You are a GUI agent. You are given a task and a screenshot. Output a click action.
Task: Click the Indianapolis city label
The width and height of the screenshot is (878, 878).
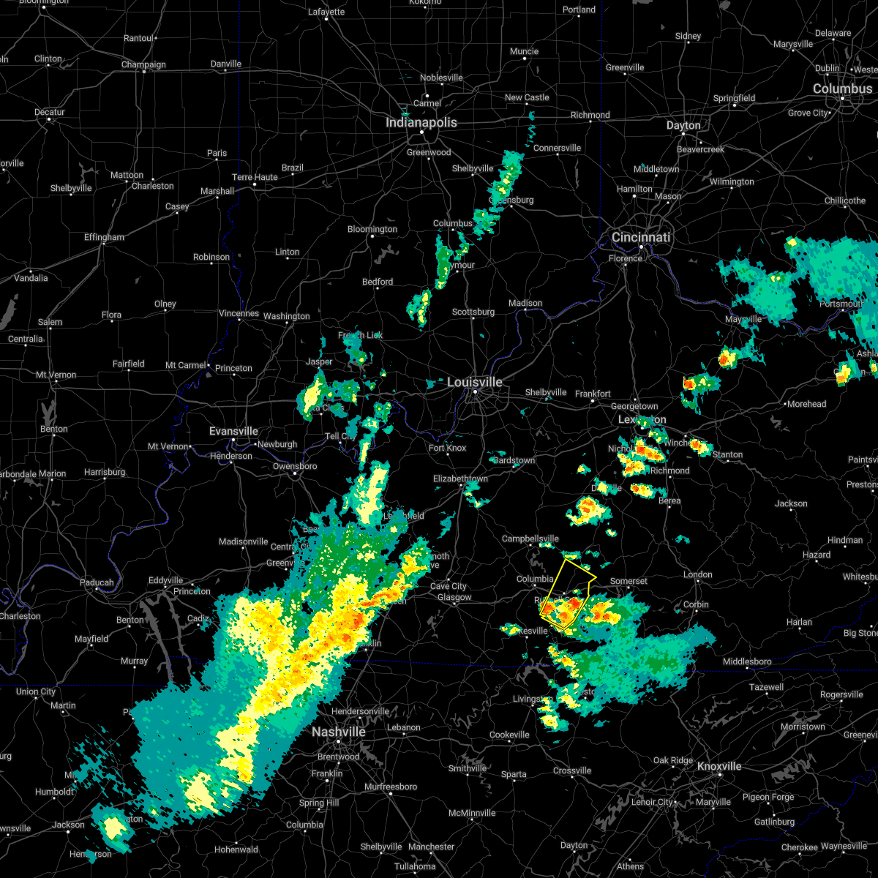[421, 123]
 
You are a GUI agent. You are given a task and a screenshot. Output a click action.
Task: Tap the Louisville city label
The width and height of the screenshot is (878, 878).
[475, 383]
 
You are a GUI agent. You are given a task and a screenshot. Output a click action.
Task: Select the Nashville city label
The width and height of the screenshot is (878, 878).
[338, 732]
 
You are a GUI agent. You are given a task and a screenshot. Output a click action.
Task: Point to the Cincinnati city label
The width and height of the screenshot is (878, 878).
[641, 238]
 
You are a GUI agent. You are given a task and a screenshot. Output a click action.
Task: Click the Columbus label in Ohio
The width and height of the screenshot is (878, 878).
[842, 89]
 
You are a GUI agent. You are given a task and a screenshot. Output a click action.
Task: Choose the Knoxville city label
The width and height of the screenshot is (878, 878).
[718, 767]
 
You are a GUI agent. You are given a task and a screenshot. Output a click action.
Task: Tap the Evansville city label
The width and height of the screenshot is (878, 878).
[233, 432]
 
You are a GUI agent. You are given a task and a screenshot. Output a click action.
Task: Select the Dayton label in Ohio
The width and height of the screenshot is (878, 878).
[683, 126]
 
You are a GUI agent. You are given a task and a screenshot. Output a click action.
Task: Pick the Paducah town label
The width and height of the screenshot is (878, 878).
[97, 583]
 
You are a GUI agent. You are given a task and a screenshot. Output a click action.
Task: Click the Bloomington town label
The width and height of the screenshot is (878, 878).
[372, 230]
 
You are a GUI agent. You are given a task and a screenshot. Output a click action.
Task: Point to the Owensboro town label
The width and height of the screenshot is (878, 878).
[295, 467]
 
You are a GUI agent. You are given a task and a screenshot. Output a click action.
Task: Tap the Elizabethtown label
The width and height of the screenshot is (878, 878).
[460, 479]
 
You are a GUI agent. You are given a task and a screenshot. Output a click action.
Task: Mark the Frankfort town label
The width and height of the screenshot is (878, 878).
[593, 394]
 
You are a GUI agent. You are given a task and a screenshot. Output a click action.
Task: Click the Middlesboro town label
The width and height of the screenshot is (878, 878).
[746, 662]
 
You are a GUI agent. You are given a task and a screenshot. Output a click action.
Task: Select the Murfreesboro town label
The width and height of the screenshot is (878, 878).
[391, 787]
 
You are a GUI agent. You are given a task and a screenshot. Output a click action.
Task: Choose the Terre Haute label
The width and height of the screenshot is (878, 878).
[255, 178]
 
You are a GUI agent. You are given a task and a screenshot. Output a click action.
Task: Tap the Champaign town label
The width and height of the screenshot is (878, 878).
[143, 65]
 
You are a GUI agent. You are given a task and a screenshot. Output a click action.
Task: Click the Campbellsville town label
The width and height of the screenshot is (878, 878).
[530, 539]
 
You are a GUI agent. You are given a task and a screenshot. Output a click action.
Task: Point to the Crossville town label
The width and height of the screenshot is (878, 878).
[571, 771]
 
